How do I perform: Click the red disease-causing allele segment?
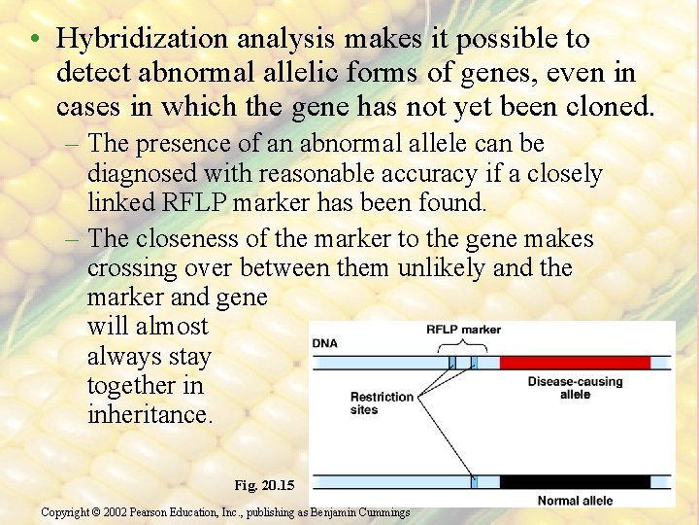pos(575,363)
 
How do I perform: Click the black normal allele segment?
pos(575,481)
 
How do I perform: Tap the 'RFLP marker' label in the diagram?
pos(463,330)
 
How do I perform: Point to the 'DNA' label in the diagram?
pos(325,344)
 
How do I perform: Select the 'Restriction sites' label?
pos(382,403)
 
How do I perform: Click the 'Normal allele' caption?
pos(576,501)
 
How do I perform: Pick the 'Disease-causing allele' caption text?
pos(575,388)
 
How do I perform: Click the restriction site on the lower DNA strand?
pos(473,481)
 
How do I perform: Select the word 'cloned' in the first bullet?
pos(605,105)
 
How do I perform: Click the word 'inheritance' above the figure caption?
pos(149,414)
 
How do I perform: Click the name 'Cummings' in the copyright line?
pos(379,511)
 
